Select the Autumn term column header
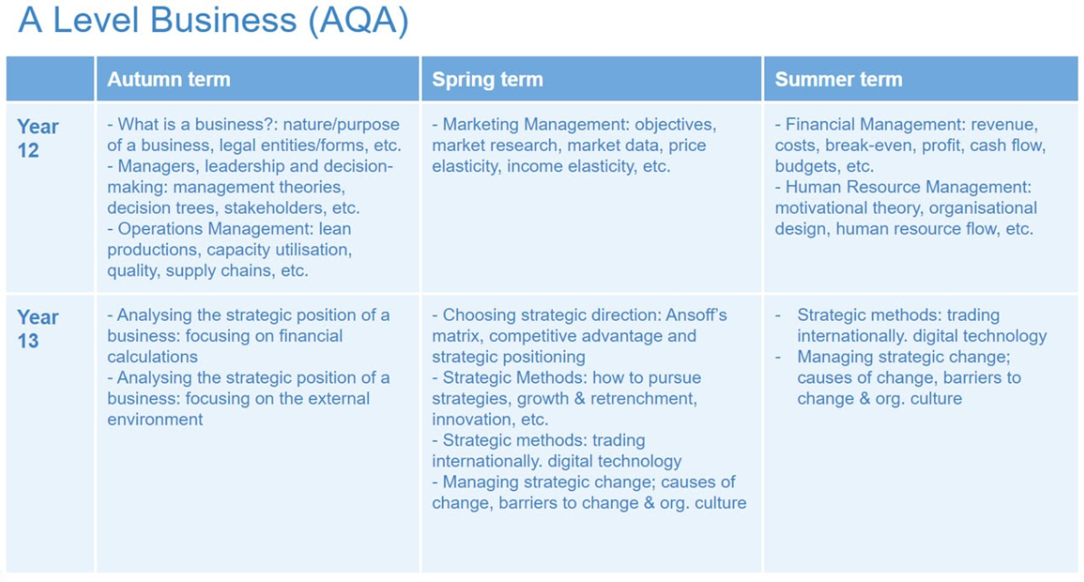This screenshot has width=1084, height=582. point(168,79)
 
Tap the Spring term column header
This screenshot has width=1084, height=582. point(487,79)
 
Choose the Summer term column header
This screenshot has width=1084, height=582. point(838,79)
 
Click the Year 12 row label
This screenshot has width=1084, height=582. point(38,138)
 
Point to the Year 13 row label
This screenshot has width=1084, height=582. point(38,329)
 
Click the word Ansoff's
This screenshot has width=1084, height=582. point(697,316)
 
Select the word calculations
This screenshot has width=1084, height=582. point(152,356)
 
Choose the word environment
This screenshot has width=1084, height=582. point(155,419)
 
